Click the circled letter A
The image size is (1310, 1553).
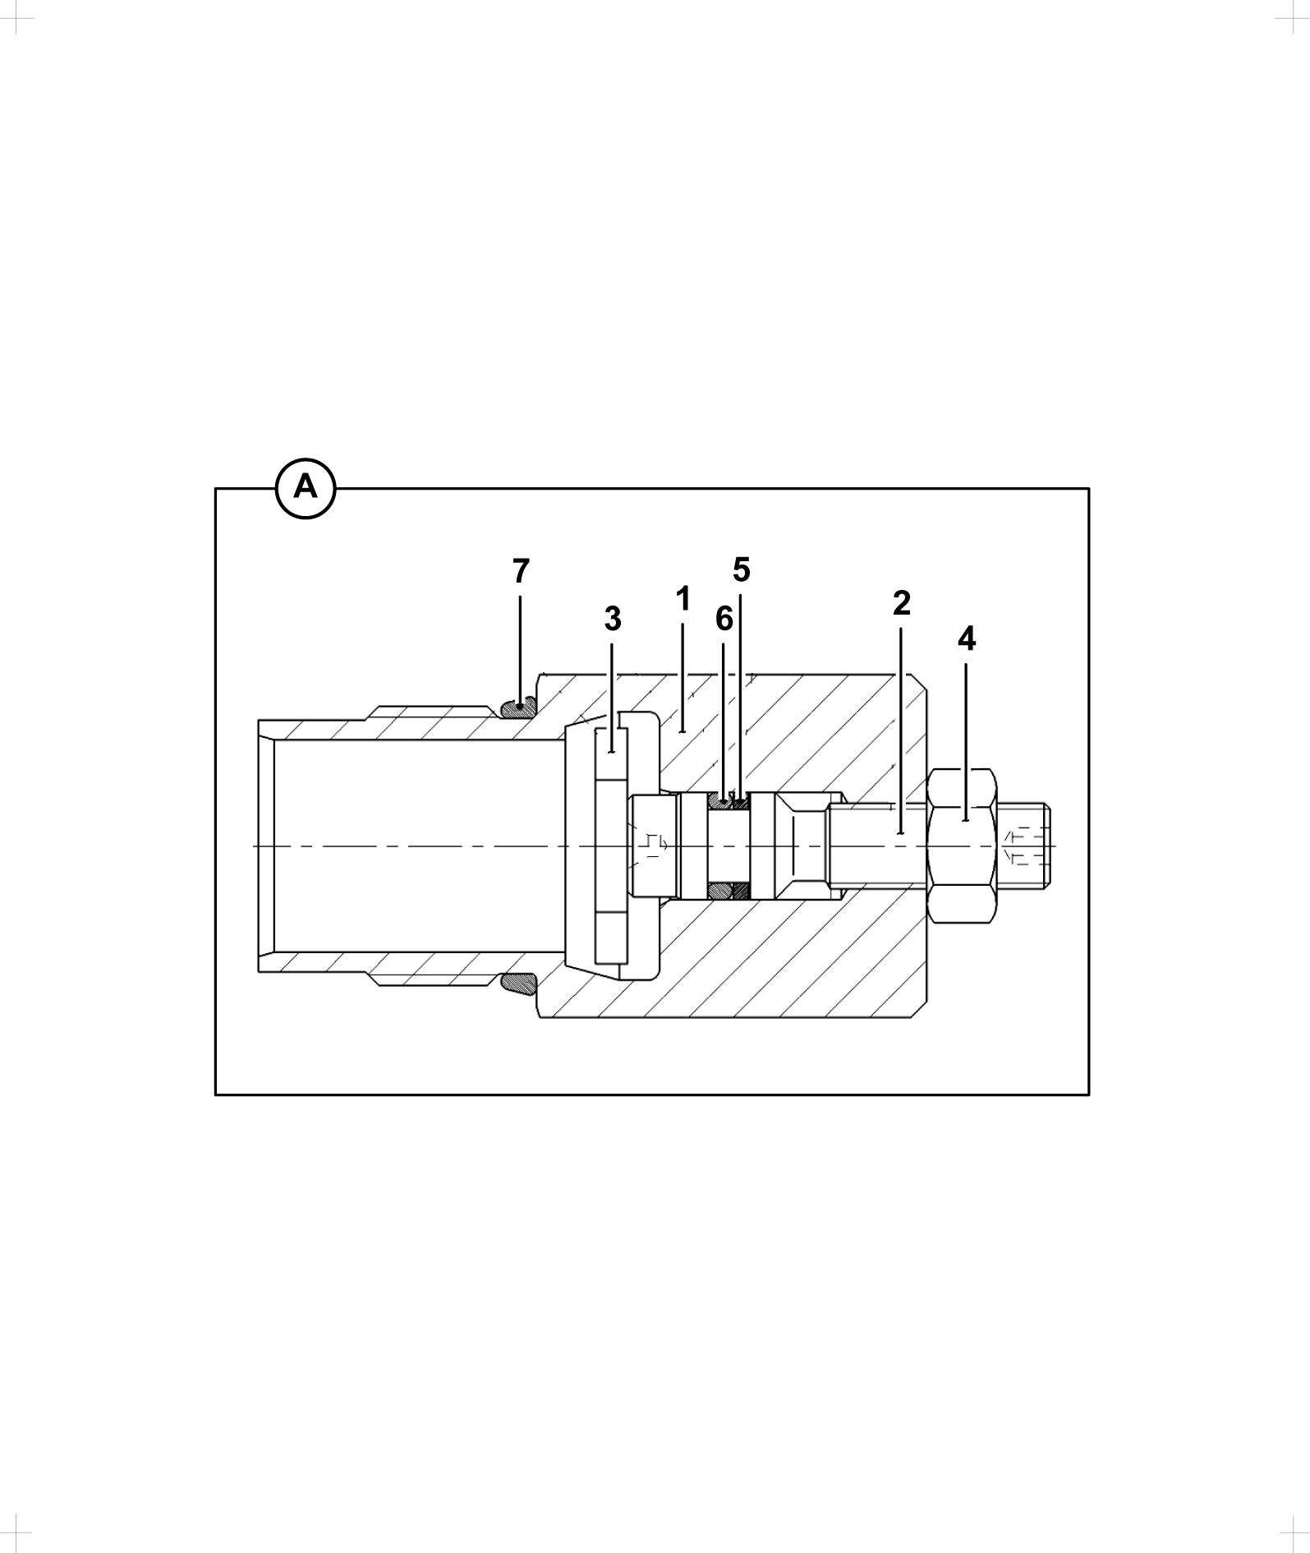point(306,489)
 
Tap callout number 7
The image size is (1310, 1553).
point(521,571)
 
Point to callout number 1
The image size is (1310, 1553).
point(683,600)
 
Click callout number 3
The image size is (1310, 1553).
point(613,620)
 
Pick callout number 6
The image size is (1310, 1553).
point(724,619)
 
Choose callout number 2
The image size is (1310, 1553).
point(902,603)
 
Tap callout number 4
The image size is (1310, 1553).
point(967,638)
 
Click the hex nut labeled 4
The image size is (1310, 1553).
point(963,846)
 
